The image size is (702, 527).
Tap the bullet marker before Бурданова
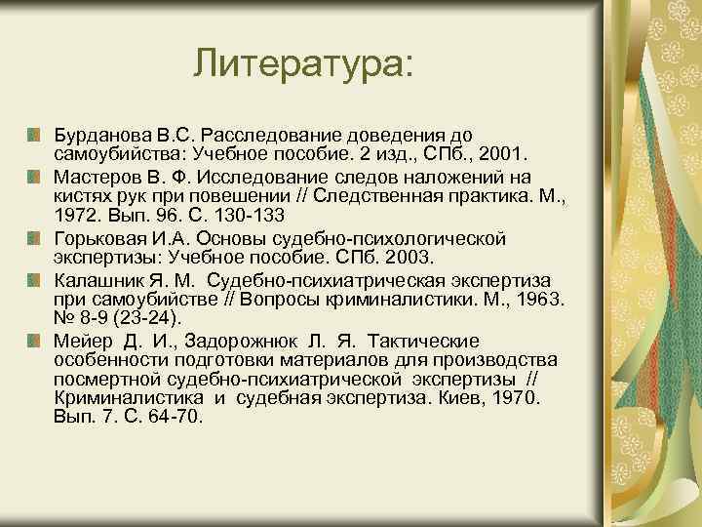pos(33,131)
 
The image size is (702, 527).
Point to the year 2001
pos(500,154)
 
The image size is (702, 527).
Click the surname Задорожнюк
pos(223,341)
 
